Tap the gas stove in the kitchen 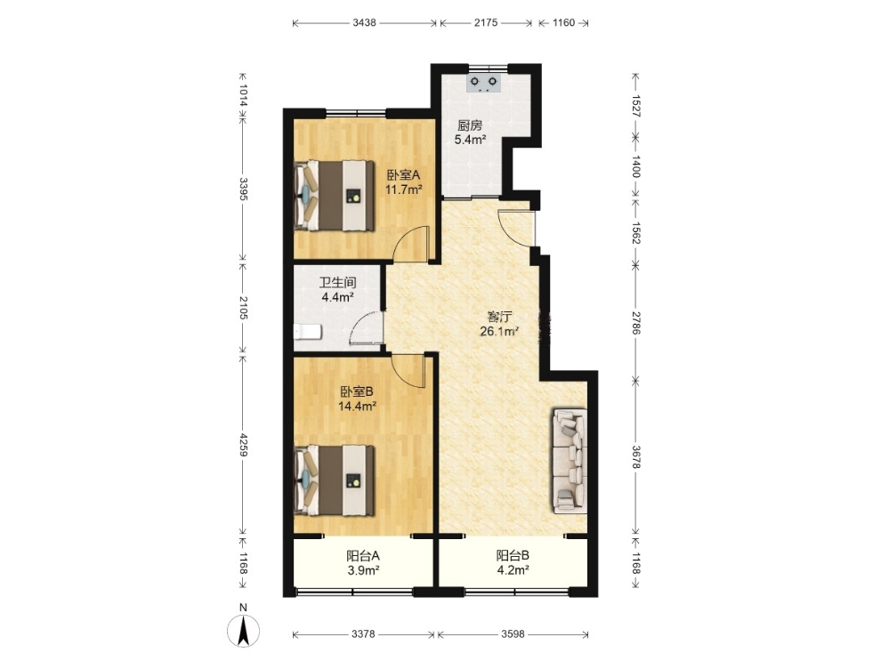pos(484,83)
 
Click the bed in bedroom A pos(335,196)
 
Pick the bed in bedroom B pos(335,480)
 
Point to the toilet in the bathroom pos(308,332)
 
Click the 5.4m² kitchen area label pos(470,140)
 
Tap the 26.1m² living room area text pos(499,331)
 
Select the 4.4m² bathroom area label pos(337,297)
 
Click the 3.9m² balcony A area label pos(363,570)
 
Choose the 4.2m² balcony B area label pos(513,570)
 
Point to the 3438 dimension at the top pos(364,23)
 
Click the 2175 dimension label pos(486,23)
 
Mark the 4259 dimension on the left pos(243,444)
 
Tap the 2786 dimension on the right pos(635,322)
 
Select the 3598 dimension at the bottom pos(513,634)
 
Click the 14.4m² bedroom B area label pos(357,406)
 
